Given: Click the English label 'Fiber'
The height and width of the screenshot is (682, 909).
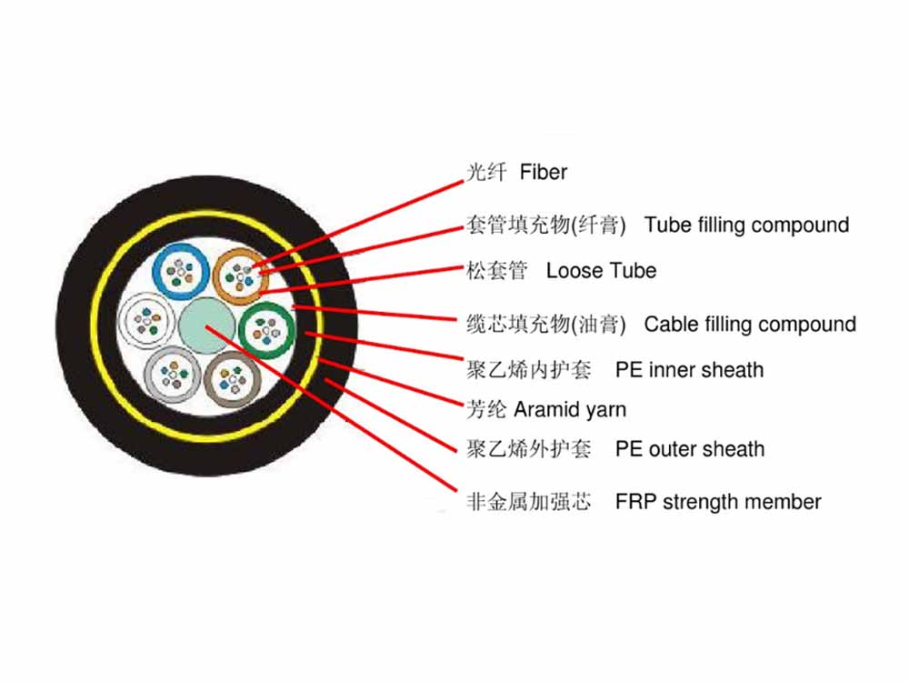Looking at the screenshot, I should click(544, 172).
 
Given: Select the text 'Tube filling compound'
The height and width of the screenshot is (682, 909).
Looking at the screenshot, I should click(746, 225).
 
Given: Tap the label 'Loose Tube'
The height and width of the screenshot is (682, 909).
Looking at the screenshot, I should click(601, 270).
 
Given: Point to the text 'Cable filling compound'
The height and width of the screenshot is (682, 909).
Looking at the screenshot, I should click(750, 324).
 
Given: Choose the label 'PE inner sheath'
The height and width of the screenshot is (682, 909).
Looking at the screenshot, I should click(689, 369).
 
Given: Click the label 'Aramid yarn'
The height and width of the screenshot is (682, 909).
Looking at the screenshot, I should click(570, 409).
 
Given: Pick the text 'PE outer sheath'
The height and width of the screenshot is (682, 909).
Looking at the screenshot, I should click(690, 448).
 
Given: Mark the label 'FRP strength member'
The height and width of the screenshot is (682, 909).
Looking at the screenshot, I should click(718, 501).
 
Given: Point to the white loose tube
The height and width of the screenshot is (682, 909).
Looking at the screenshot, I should click(145, 321).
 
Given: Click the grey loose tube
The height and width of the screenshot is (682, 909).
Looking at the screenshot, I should click(171, 374).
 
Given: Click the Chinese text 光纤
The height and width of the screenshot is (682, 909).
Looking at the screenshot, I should click(485, 172).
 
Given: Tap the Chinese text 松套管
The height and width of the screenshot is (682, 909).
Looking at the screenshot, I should click(496, 270).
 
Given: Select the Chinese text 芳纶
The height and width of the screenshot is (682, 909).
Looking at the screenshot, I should click(485, 409).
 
